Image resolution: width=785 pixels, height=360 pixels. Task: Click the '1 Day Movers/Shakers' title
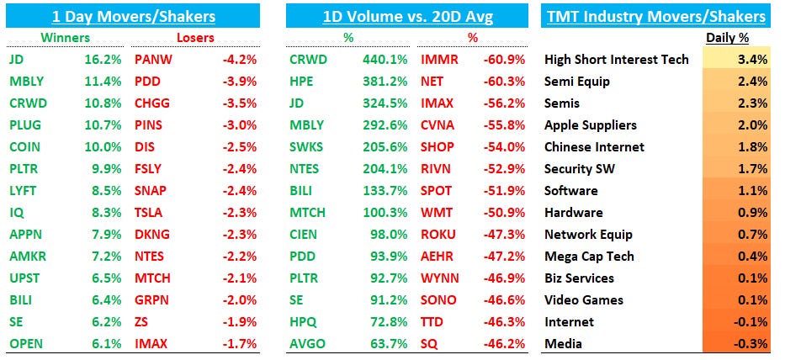point(134,16)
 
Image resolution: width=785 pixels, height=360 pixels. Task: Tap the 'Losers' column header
point(194,38)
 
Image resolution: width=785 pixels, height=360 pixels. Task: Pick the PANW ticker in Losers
point(153,60)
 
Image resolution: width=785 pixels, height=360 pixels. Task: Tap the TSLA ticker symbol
point(150,213)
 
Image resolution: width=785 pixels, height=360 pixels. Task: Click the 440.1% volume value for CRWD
point(389,60)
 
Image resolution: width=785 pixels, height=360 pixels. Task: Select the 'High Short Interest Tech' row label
point(617,60)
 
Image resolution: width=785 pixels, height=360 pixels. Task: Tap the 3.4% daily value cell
point(754,60)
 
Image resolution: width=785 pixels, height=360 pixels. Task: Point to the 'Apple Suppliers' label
point(591,125)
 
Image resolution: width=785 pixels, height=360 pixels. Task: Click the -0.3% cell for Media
point(752,344)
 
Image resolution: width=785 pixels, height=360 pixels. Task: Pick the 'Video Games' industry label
point(583,300)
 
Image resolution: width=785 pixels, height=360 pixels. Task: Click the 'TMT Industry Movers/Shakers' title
point(656,16)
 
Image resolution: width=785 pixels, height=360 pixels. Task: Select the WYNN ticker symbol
point(439,278)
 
